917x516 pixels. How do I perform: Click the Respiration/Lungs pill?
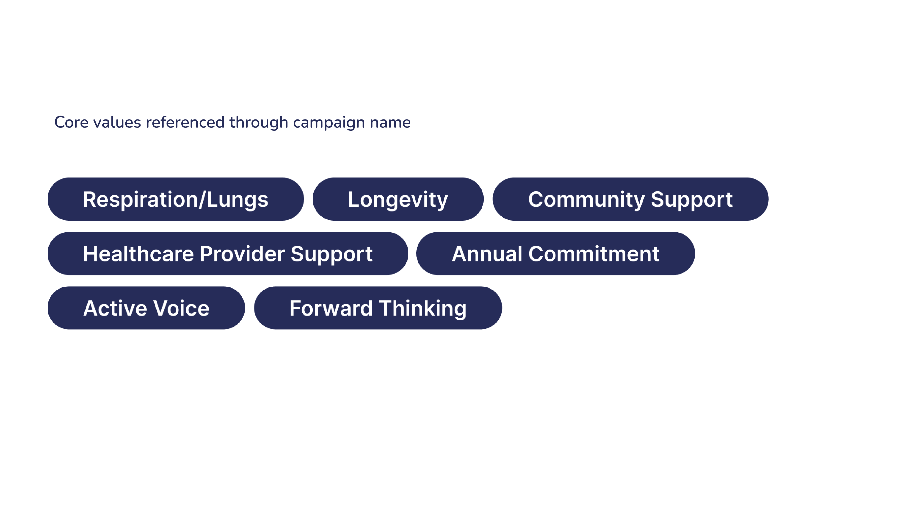(176, 199)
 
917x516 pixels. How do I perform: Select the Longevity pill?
(398, 199)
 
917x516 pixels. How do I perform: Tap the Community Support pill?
(630, 199)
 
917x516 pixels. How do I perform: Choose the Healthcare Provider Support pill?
(228, 254)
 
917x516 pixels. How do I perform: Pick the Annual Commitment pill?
(556, 254)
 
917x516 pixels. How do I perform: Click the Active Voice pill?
(146, 308)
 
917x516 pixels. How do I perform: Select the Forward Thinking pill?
(378, 308)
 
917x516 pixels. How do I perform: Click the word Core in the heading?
(71, 122)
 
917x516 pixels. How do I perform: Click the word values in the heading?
(117, 122)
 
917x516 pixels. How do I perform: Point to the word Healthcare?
(138, 254)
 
